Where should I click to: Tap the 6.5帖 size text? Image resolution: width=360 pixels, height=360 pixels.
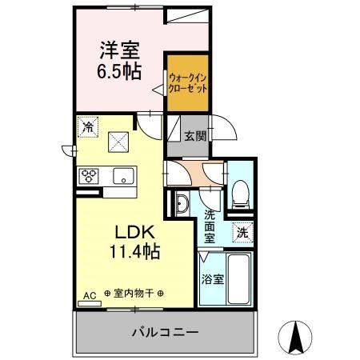(x=121, y=71)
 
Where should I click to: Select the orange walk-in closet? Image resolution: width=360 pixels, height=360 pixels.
(x=188, y=84)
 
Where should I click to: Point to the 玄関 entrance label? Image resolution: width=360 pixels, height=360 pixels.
(x=194, y=136)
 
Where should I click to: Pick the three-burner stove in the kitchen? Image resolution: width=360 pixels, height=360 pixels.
(x=89, y=176)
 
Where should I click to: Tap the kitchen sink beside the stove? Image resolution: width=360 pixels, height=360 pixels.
(x=122, y=176)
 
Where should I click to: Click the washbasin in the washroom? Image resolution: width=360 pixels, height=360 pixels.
(x=182, y=205)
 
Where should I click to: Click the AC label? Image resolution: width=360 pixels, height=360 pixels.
(x=89, y=295)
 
